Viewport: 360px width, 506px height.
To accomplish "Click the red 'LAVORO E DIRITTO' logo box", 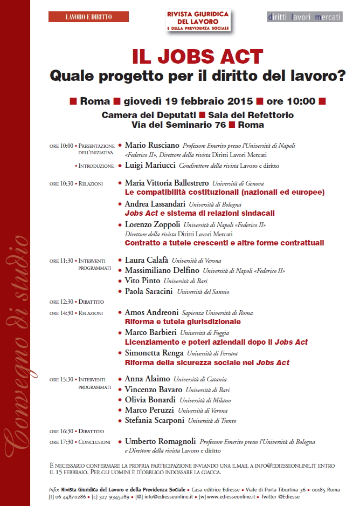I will click(88, 17).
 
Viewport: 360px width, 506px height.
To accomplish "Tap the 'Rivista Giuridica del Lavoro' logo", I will click(198, 19).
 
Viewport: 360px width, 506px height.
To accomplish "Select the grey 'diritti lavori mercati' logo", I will click(304, 17).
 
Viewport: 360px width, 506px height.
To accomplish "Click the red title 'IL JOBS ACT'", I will click(198, 57).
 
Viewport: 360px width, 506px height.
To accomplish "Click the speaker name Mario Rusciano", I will click(153, 145).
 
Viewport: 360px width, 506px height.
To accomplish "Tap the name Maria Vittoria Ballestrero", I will click(167, 183).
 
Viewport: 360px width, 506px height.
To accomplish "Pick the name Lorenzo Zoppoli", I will click(153, 224).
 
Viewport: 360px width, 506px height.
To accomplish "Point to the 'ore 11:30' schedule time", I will click(61, 261).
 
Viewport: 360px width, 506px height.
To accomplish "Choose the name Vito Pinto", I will click(142, 281).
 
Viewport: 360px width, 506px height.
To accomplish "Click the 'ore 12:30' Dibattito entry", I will click(76, 302).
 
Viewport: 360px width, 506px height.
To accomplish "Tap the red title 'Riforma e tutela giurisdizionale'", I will click(183, 322).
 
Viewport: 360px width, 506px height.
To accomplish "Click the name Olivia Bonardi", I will click(150, 400).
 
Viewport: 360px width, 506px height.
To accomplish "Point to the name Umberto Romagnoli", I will click(160, 441).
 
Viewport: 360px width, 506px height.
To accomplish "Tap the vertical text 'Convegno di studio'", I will click(15, 334).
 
